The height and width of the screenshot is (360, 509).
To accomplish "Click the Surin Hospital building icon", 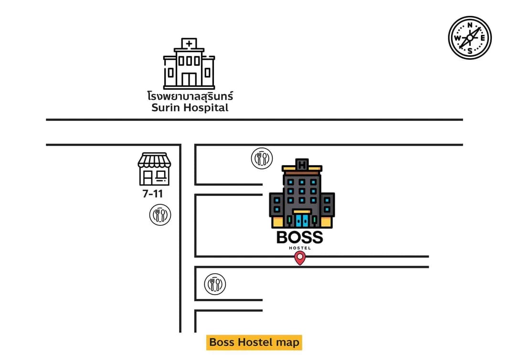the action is pos(189,64).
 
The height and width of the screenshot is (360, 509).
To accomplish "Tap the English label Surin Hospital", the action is pos(190,107).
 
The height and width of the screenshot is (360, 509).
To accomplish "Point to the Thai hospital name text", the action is pos(190,95).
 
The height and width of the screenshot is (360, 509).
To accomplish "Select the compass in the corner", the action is pos(470,38).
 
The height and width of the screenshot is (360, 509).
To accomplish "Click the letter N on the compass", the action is pos(470,25).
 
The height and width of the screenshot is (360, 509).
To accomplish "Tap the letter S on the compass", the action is pos(470,51).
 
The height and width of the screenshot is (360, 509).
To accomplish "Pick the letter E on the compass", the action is pos(483,38).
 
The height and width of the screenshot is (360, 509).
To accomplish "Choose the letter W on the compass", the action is pos(457,38).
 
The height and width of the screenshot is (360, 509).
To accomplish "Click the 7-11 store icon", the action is pos(154,169).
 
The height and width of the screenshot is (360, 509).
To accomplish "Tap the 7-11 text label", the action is pos(153,194).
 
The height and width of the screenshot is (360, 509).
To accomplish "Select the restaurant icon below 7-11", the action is pos(160,215).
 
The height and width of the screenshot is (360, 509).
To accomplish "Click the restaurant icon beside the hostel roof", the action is pos(262,159).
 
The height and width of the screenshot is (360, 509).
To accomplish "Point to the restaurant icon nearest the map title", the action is pos(215,284).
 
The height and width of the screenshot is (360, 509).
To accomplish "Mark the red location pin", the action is pos(300,258).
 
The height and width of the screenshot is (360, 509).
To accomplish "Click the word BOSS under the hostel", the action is pos(299,238).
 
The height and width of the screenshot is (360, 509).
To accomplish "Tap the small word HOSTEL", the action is pos(300,248).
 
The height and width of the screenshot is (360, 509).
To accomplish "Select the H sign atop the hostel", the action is pos(302,165).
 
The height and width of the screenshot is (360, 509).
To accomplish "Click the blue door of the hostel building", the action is pos(302,220).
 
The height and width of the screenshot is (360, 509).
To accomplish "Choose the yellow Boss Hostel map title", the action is pos(254,342).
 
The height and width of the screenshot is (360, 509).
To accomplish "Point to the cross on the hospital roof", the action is pos(189,43).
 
